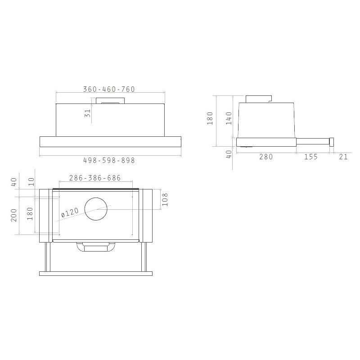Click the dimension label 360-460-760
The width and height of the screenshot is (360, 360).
click(109, 89)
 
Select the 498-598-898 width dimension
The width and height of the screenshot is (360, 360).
click(109, 160)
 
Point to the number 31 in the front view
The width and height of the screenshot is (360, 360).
click(88, 113)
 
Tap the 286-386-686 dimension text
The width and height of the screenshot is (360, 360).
click(95, 178)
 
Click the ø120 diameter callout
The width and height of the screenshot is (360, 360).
click(70, 212)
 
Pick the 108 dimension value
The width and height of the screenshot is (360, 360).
click(165, 199)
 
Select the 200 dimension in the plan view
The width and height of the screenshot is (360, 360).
click(14, 215)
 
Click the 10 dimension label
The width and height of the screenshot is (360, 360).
click(31, 182)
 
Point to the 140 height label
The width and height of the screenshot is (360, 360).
click(229, 118)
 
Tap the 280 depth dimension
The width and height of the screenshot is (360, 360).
click(266, 157)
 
